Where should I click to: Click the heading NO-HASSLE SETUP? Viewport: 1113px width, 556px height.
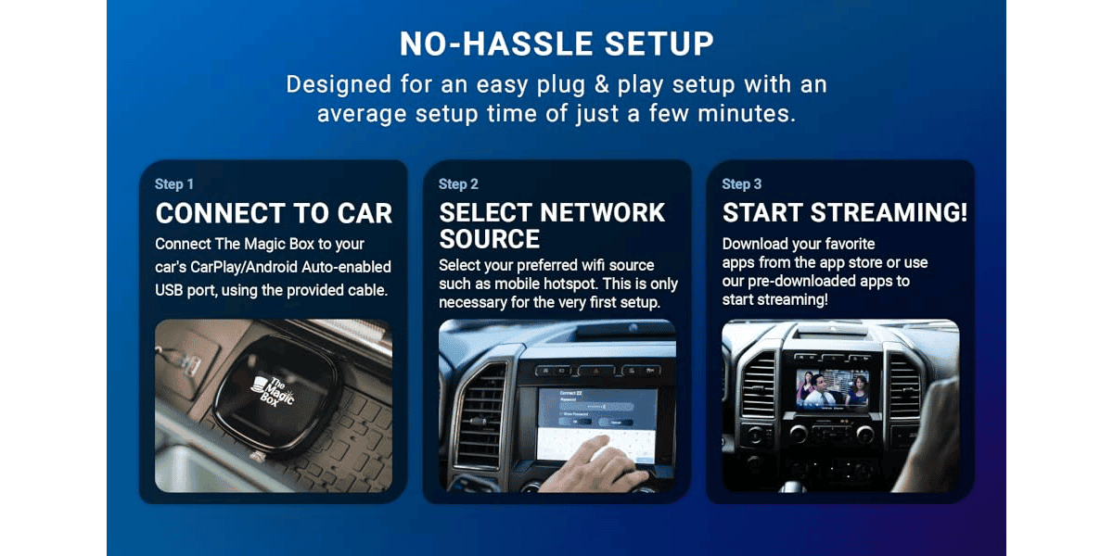(556, 44)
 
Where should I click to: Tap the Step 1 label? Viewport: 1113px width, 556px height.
(174, 184)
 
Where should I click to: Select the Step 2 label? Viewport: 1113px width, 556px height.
(458, 184)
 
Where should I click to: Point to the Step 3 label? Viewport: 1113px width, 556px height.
(742, 184)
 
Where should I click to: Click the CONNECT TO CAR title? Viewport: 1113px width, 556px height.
(274, 213)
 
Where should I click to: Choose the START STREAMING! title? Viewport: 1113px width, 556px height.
(845, 213)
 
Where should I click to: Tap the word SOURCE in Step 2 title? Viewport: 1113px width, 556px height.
(489, 239)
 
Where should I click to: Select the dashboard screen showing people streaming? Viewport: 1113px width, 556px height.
(832, 389)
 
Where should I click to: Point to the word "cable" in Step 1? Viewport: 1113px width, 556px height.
(365, 291)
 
